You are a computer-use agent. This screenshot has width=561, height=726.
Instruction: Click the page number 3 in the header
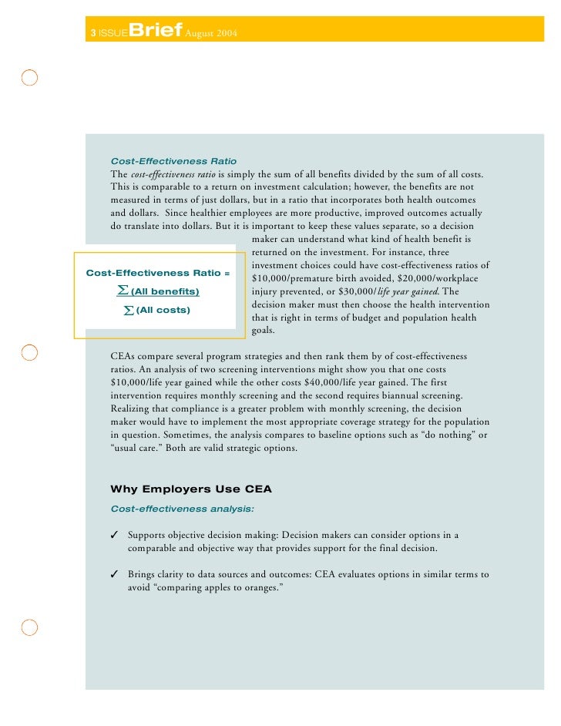coord(93,33)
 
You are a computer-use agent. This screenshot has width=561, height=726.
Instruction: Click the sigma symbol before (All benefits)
coord(122,290)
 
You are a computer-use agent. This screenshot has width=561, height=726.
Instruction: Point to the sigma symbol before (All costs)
coord(129,310)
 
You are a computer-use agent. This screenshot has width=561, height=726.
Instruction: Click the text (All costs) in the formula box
coord(163,310)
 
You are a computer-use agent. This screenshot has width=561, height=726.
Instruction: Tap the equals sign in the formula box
coord(227,273)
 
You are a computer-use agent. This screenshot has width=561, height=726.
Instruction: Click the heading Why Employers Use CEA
coord(191,489)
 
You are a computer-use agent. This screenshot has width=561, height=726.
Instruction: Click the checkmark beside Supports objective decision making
coord(114,536)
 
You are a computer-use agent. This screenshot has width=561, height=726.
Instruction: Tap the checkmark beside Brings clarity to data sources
coord(114,575)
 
